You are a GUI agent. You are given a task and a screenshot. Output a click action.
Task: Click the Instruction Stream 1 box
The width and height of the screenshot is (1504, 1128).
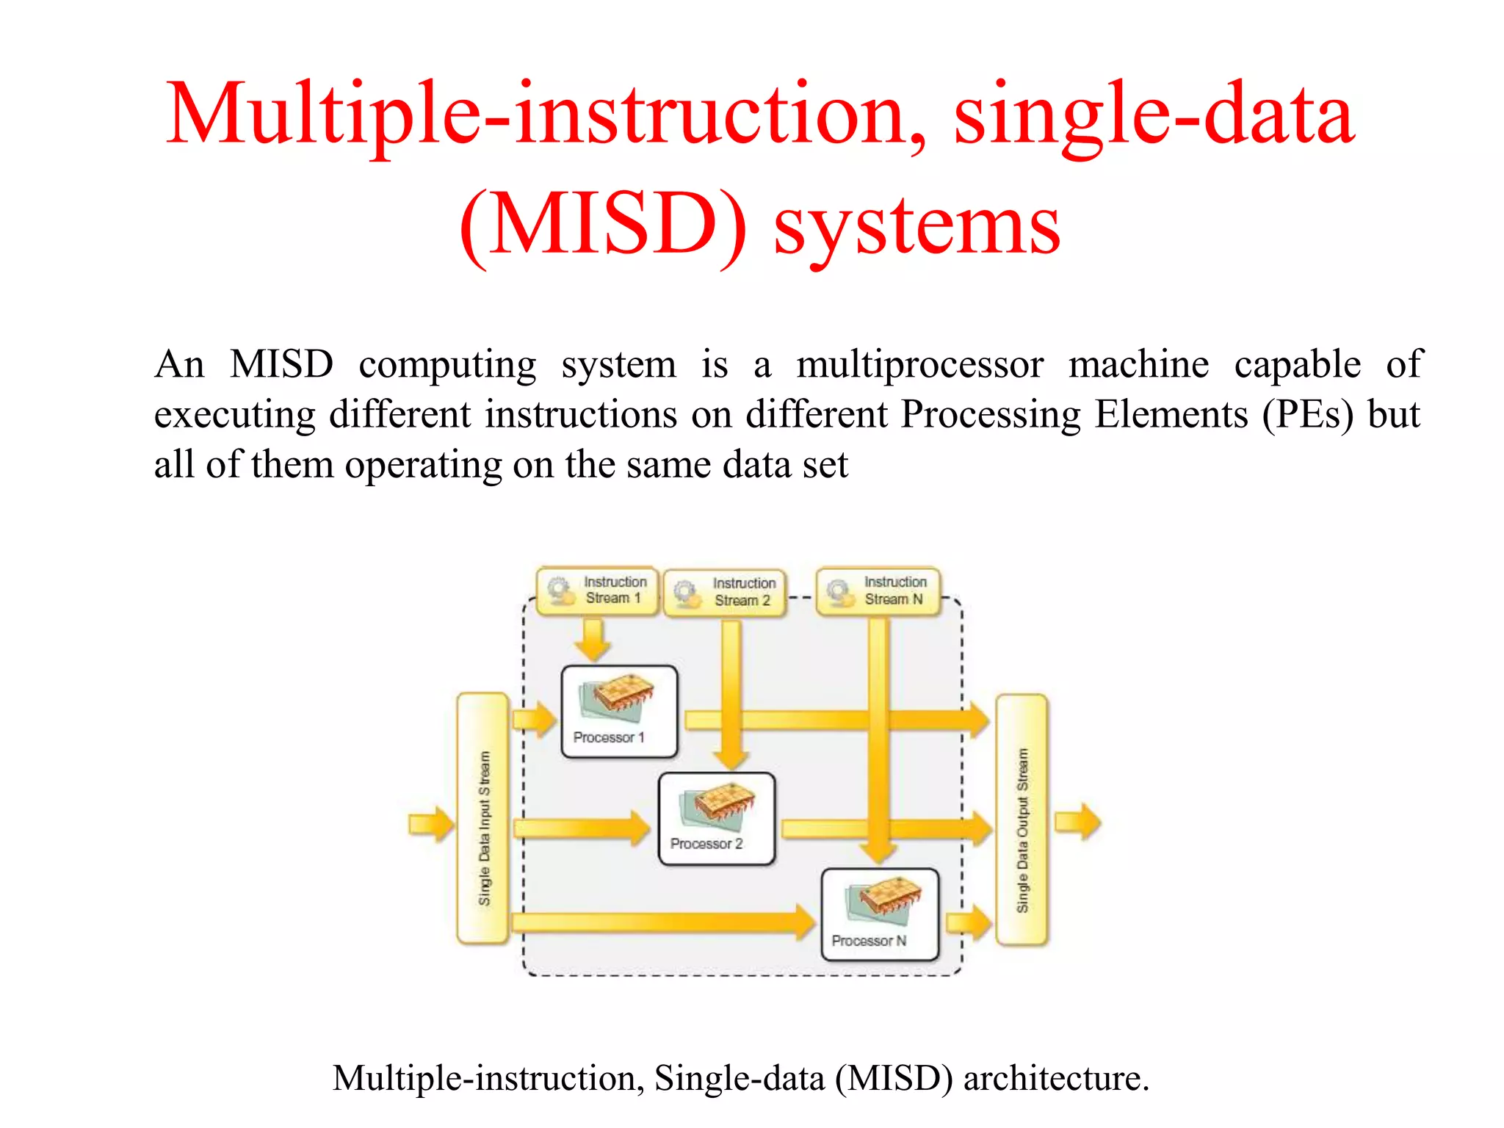click(597, 590)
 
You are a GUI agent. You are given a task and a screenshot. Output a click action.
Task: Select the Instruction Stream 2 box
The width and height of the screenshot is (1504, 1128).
click(725, 592)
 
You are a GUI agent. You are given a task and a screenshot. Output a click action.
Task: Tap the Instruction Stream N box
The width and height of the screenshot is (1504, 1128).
click(878, 590)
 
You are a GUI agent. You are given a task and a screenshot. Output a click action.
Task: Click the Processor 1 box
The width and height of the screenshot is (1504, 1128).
click(619, 711)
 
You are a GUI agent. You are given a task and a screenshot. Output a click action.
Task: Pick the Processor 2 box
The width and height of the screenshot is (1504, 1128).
click(717, 818)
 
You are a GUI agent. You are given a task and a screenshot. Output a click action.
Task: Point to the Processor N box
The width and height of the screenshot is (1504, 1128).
click(880, 914)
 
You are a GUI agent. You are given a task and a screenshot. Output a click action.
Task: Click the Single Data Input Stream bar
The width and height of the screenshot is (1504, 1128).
click(482, 818)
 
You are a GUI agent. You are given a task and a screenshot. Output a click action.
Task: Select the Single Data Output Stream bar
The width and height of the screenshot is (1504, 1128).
click(1022, 820)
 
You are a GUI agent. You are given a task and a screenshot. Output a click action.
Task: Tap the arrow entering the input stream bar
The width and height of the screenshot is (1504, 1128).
click(432, 824)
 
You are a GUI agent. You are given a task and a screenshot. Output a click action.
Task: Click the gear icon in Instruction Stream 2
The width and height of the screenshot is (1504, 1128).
click(687, 593)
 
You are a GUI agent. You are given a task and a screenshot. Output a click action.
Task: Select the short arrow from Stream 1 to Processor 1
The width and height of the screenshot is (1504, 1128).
click(592, 638)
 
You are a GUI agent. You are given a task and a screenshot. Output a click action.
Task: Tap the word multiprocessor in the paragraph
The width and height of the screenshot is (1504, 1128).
click(919, 365)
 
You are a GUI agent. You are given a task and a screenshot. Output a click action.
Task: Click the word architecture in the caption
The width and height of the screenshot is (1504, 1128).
click(1056, 1078)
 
